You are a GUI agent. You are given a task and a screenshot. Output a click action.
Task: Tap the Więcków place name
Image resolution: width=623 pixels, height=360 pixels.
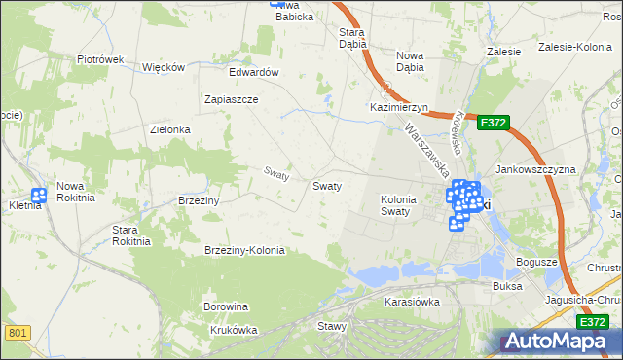164,67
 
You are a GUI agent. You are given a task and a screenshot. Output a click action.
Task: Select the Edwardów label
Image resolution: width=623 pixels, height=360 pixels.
254,73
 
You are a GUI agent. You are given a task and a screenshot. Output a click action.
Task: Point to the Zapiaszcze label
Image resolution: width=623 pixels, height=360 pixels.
231,99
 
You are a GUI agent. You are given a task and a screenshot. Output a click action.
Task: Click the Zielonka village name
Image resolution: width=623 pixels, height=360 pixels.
169,129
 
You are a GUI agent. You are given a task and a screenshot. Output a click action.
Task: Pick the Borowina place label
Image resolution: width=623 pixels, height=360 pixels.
226,306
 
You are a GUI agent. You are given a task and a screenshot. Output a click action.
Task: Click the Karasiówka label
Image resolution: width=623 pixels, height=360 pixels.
412,302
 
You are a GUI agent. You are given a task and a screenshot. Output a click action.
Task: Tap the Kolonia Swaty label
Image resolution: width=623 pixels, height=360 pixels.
397,205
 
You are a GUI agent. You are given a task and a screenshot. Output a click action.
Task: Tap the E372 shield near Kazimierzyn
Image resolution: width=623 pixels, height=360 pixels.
493,123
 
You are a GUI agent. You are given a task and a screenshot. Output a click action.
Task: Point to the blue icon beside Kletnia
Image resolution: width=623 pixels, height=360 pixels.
39,196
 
